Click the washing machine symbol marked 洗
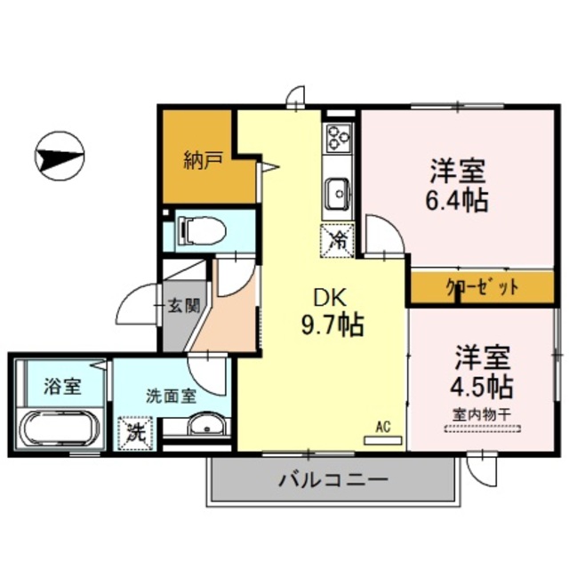136,433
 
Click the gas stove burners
338,137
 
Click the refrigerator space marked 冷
338,238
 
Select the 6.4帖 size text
458,199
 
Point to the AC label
383,426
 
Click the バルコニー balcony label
333,481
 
